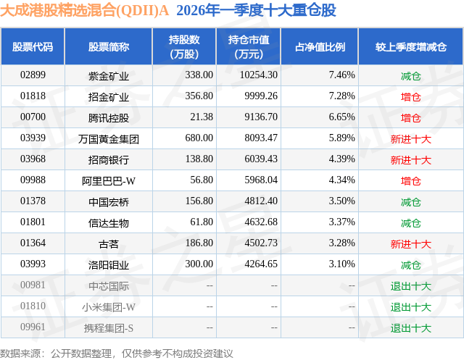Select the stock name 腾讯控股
coord(109,117)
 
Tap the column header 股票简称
coord(109,47)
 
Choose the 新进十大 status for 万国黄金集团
coord(410,138)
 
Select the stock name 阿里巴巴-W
coord(109,180)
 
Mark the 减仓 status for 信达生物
coord(410,222)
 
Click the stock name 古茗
coord(109,243)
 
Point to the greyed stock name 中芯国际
coord(109,285)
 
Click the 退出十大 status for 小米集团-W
coord(410,306)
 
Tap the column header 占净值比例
coord(320,47)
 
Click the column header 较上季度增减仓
coord(410,47)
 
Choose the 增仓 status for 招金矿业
coord(410,96)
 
